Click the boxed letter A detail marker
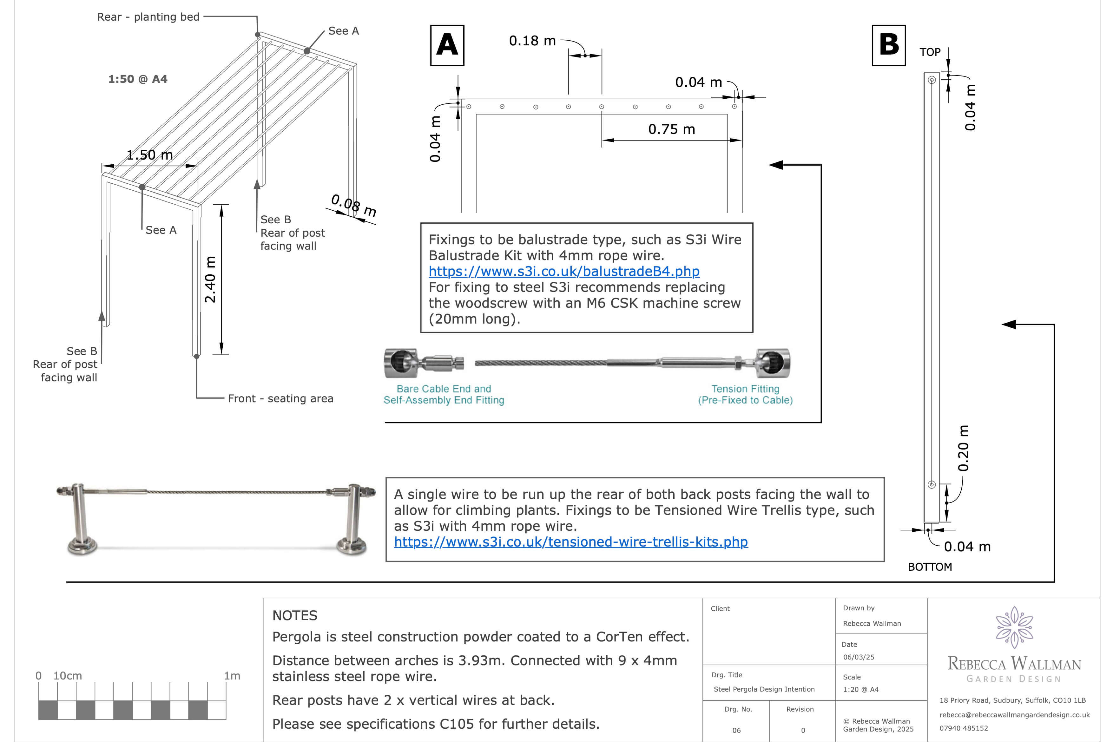tap(447, 45)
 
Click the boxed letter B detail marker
tap(888, 45)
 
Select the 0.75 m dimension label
tap(671, 129)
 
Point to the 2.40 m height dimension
tap(210, 279)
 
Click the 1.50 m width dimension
tap(149, 155)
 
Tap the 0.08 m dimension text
tap(353, 205)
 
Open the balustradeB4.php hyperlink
tap(563, 271)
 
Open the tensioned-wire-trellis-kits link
tap(571, 542)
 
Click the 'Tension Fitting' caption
tap(745, 389)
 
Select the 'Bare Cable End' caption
tap(444, 389)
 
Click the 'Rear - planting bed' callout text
tap(148, 17)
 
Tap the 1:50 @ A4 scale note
tap(138, 79)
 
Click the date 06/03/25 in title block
tap(859, 657)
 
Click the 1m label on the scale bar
tap(232, 676)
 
